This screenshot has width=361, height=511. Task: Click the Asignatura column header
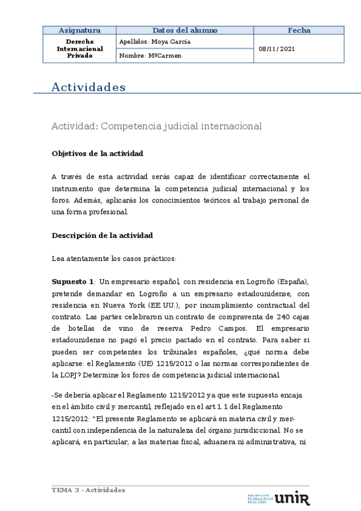(79, 30)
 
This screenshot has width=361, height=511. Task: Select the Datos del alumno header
(185, 30)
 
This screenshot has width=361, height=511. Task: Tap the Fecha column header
(299, 30)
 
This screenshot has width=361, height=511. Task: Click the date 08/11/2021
(277, 49)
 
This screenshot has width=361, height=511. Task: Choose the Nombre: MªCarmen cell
(150, 55)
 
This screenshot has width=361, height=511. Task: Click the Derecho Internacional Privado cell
(79, 48)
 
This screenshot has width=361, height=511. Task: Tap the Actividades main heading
(89, 87)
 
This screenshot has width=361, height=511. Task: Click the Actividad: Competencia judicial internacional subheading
(157, 126)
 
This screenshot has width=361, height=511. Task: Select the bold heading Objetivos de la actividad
(97, 154)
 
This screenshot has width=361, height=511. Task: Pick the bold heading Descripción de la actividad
(102, 235)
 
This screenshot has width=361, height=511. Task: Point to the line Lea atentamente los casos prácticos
(114, 259)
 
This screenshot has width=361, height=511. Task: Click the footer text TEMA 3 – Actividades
(88, 490)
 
